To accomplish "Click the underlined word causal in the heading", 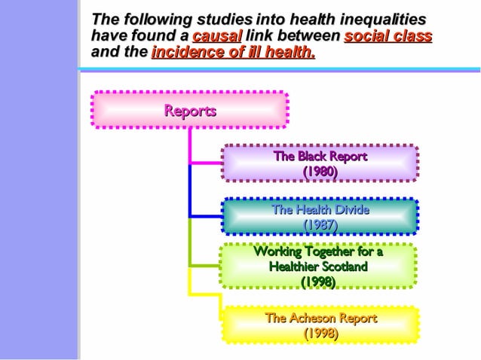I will tap(217, 36).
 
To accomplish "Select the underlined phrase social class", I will tap(388, 36).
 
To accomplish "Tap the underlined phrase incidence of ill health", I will tap(233, 53).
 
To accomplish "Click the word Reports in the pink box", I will tap(190, 111).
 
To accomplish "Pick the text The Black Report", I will tap(320, 157).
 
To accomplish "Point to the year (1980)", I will tap(320, 172).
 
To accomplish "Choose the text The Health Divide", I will tap(320, 209).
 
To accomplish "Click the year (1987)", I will tap(320, 224).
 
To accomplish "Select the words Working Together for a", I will tap(318, 252).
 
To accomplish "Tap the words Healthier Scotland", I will tap(318, 267).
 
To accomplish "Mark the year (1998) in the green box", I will tap(318, 282).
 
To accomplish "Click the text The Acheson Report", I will tap(320, 318).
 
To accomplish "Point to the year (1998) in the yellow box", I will tap(320, 333).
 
